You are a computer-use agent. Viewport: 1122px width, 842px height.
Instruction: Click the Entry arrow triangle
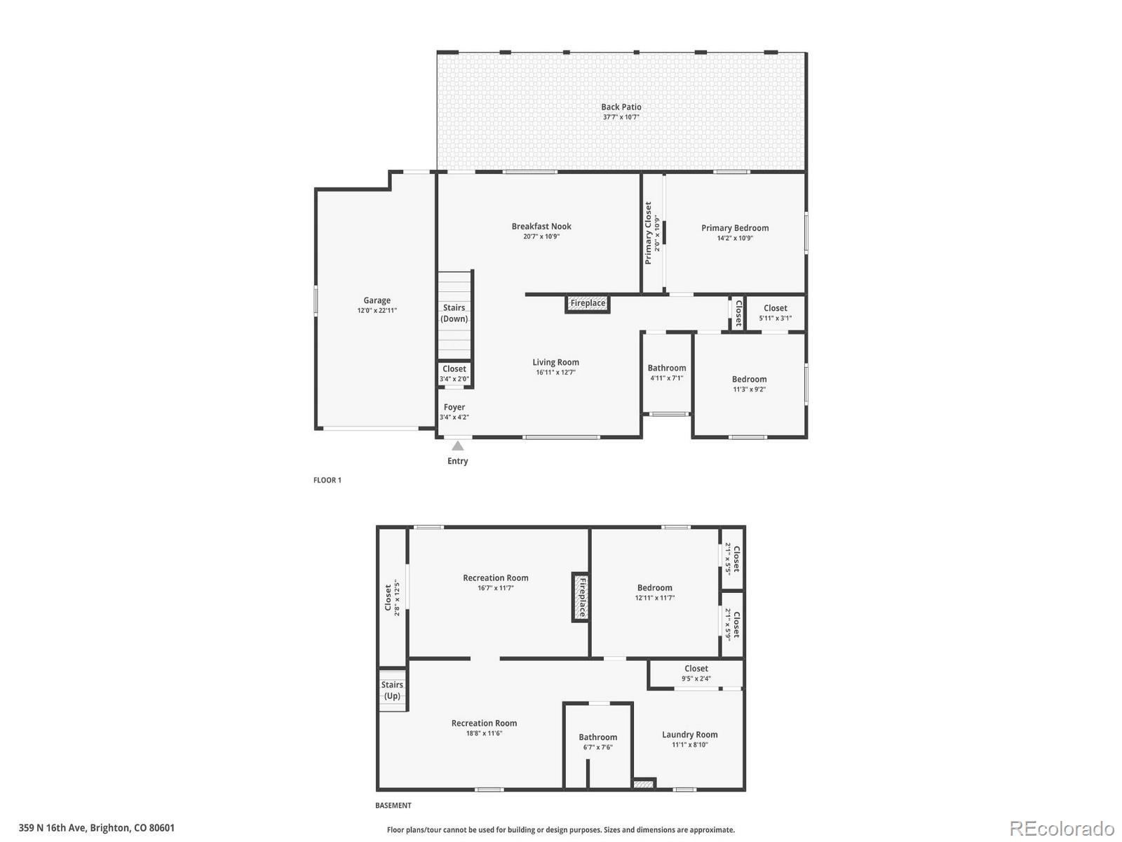click(457, 446)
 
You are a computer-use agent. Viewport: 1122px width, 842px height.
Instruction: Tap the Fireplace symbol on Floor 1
click(588, 303)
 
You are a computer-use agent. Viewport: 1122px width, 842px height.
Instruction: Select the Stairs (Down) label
click(454, 313)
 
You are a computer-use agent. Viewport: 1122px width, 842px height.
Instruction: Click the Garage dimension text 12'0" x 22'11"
click(377, 310)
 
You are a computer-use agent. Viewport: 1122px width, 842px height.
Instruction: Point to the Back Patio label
click(621, 107)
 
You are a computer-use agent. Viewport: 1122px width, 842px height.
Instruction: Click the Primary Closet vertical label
click(649, 233)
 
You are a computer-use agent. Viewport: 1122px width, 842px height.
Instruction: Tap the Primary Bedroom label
click(735, 228)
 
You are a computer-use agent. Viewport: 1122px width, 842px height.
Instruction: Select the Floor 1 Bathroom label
click(667, 368)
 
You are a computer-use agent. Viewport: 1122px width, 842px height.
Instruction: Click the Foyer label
click(454, 407)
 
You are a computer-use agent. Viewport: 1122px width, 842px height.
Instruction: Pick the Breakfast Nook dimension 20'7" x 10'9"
click(541, 236)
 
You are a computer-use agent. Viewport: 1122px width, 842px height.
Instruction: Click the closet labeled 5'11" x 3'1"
click(776, 312)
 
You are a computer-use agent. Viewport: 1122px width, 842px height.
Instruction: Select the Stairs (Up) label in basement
click(393, 690)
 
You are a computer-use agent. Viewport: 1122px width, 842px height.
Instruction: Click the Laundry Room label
click(690, 735)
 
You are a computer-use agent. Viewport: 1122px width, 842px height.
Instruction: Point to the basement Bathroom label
click(598, 737)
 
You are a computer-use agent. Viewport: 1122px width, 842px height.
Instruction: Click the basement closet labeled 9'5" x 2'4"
click(696, 673)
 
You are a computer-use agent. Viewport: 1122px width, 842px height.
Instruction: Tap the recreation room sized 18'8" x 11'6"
click(485, 728)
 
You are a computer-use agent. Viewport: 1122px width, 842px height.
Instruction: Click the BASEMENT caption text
click(393, 806)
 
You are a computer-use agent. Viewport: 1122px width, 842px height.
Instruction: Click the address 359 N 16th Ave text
click(97, 828)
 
